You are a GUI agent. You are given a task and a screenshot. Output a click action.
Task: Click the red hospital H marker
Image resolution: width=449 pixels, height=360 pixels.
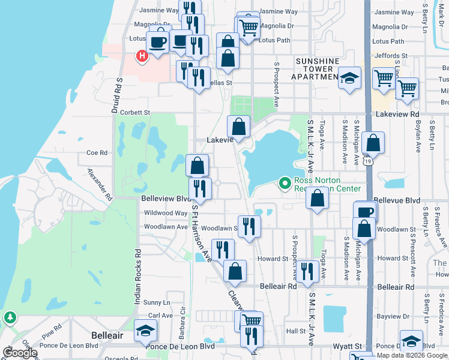coord(142,56)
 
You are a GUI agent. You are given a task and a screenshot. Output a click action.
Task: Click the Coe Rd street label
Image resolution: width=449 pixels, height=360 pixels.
coord(97,152)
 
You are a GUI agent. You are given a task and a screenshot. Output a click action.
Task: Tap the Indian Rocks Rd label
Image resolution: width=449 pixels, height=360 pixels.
coord(137,277)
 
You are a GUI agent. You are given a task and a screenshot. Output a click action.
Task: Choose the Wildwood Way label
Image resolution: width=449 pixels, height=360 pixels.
coord(165,213)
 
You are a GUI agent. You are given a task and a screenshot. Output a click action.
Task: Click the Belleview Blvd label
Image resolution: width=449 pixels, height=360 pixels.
coord(165,198)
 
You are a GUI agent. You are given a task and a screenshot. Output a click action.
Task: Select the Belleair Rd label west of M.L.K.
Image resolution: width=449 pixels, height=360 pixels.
coord(279,287)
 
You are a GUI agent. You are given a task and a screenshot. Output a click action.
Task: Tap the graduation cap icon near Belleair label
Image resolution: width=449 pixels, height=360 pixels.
coord(145,331)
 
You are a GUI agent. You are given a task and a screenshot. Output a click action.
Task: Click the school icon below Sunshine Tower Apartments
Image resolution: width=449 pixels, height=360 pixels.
coord(349,77)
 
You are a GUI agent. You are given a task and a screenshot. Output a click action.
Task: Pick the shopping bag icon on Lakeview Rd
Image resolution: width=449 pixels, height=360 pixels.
coord(238,126)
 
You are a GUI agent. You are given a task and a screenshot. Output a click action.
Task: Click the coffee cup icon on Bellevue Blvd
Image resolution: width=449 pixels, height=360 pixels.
coord(366,211)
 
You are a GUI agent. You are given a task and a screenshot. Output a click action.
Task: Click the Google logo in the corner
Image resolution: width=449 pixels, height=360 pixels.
coord(20,353)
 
